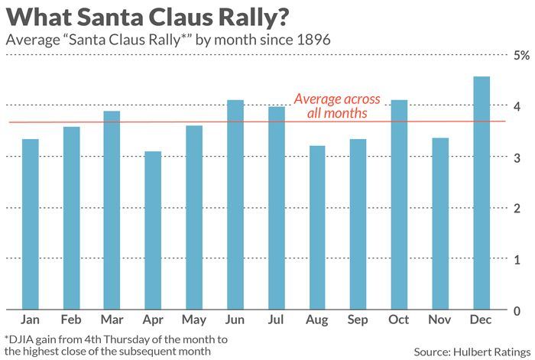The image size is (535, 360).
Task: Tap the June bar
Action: coord(235,205)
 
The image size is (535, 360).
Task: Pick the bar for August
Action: coord(317,228)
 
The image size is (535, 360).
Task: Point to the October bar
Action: coord(400,205)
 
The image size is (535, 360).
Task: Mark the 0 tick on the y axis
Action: coord(517,310)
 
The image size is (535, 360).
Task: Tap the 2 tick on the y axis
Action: coord(517,209)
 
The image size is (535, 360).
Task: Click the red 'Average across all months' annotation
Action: coord(337,105)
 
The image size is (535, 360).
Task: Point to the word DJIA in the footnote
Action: coord(23,339)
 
